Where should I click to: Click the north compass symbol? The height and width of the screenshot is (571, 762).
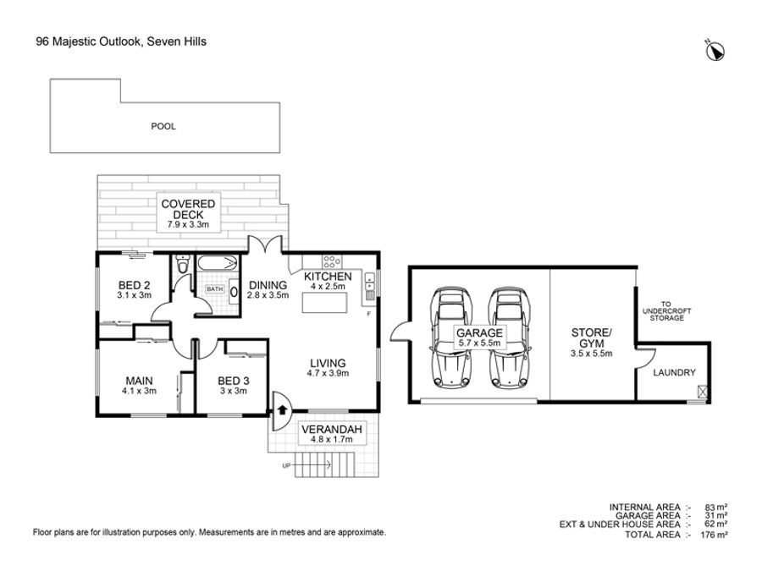tap(715, 51)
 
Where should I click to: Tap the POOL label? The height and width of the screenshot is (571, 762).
tap(163, 126)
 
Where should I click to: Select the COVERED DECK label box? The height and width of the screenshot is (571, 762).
tap(188, 212)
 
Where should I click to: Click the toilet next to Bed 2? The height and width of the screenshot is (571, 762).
tap(182, 264)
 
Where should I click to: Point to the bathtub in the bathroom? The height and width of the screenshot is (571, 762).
tap(218, 264)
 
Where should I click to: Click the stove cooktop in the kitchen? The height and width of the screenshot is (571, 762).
tap(331, 261)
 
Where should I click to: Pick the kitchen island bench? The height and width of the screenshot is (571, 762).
tap(324, 303)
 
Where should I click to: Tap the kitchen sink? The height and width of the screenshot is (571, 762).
tap(370, 287)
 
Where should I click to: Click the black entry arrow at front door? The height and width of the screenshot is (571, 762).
tap(282, 409)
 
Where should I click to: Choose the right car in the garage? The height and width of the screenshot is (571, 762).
tap(510, 338)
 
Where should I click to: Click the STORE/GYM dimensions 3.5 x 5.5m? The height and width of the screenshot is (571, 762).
tap(592, 354)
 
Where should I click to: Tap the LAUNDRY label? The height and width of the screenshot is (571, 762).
tap(674, 372)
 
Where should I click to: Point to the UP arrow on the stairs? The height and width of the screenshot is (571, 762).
tap(312, 465)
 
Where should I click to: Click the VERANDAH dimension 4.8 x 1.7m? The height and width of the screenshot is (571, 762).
tap(332, 439)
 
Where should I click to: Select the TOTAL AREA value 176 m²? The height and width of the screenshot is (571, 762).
tap(714, 535)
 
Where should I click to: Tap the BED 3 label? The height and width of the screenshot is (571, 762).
tap(234, 381)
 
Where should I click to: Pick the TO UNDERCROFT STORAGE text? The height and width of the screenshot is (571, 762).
tap(667, 310)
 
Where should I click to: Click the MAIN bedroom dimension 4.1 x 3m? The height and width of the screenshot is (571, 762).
tap(139, 391)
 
